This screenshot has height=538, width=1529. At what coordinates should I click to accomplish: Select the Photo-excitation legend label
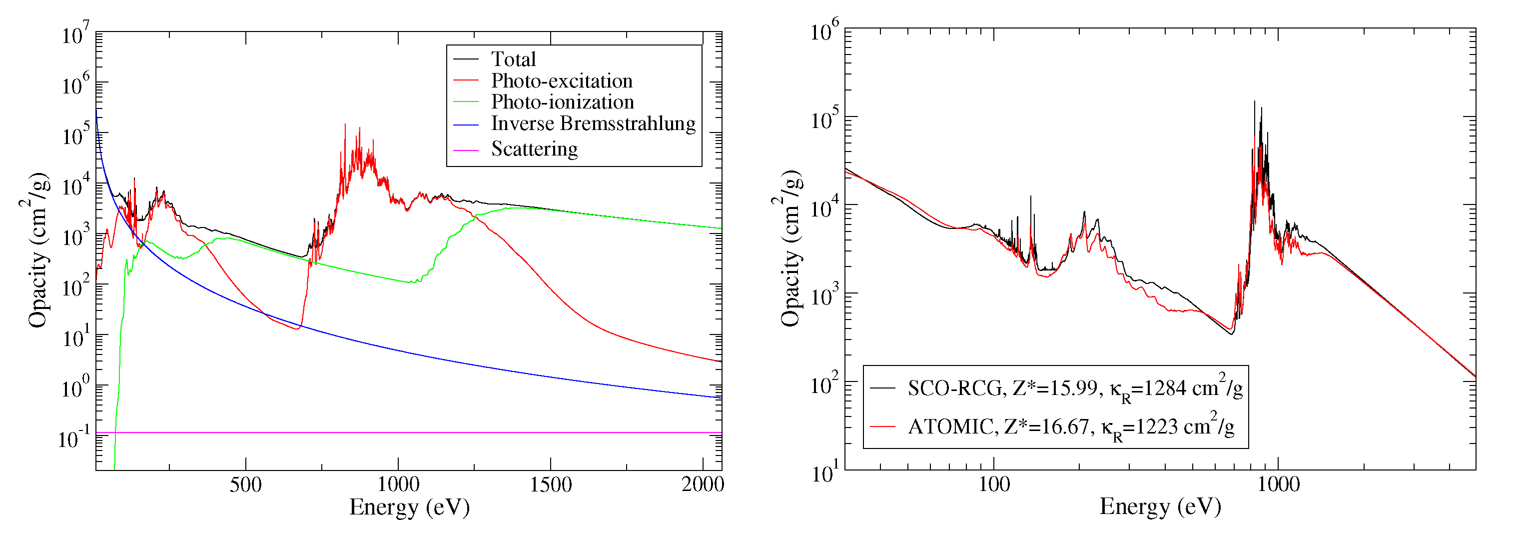(561, 81)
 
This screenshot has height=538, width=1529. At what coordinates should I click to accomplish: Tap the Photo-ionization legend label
(562, 102)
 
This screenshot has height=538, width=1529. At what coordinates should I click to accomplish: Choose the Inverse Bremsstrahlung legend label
(593, 123)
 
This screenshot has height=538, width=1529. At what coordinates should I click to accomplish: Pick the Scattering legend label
(534, 148)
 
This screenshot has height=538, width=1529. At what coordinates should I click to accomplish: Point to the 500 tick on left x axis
(245, 484)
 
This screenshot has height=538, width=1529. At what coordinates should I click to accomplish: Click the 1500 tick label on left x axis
(550, 484)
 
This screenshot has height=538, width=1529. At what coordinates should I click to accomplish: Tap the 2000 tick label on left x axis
(702, 484)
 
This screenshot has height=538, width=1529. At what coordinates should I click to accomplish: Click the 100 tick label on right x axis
(994, 484)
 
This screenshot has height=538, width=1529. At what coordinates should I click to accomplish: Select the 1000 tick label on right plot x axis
(1278, 484)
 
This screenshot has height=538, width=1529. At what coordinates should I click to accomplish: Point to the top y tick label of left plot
(76, 34)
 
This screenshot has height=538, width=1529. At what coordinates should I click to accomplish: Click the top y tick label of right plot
(824, 31)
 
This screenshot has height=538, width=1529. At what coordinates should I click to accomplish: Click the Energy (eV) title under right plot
(1160, 507)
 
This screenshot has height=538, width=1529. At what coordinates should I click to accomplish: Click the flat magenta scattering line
(416, 432)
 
